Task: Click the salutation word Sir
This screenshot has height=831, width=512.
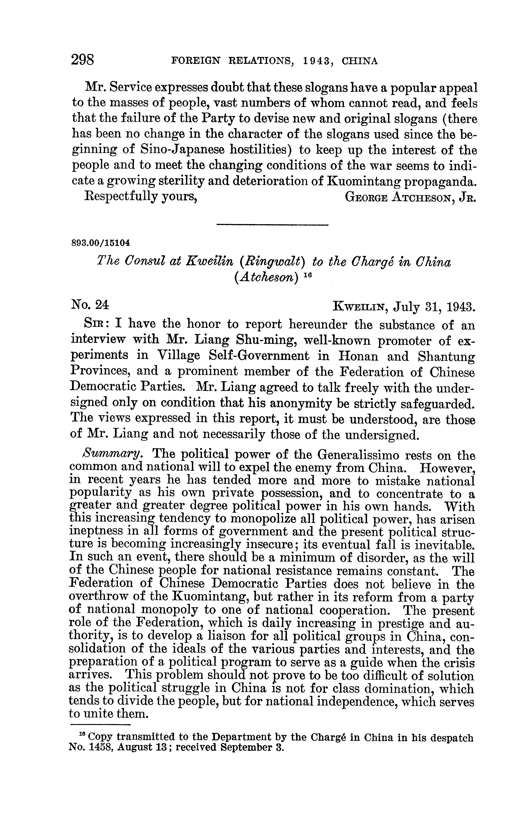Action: tap(96, 324)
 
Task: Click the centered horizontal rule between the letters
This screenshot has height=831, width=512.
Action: tap(272, 225)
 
